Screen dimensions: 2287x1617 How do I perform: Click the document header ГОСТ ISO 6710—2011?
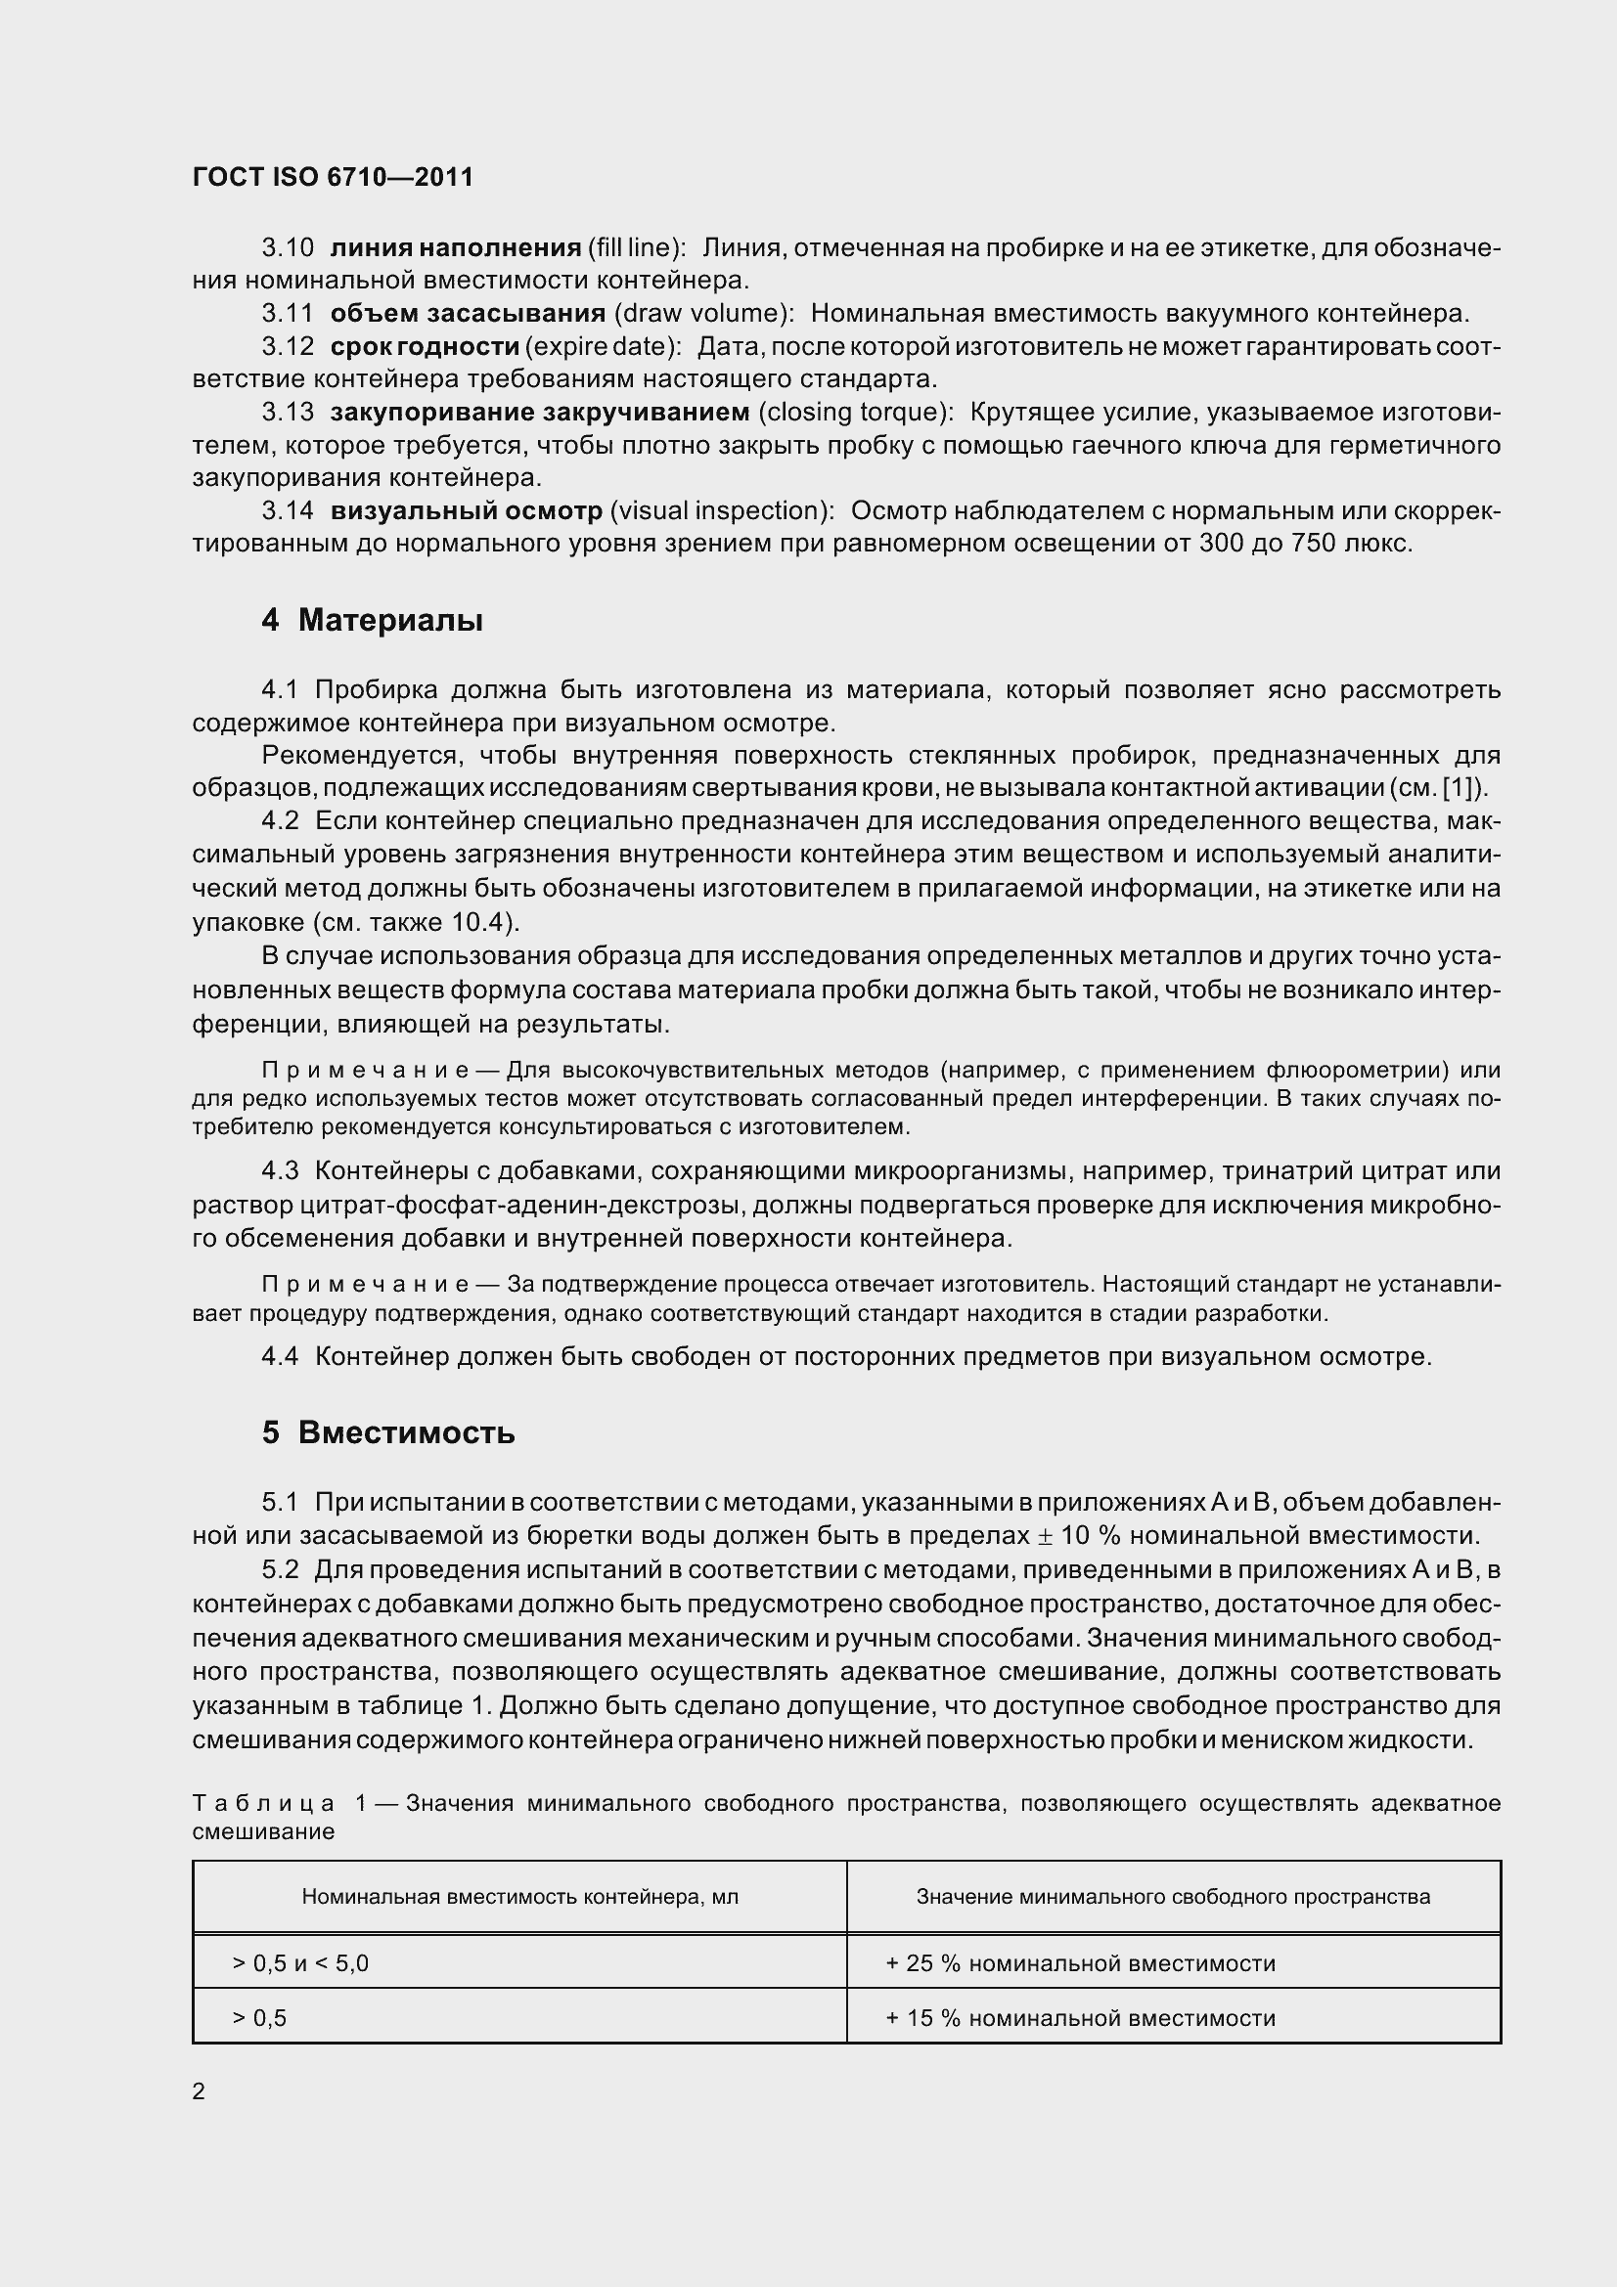[x=333, y=177]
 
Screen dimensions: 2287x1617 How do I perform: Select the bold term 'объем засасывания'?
[x=468, y=314]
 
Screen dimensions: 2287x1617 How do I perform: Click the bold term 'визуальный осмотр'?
[x=467, y=511]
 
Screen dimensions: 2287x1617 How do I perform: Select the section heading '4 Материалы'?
[x=373, y=621]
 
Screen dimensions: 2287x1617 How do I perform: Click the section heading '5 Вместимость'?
[x=388, y=1433]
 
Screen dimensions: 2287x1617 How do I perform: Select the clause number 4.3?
[x=280, y=1171]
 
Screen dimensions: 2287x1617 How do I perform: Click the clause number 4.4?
[x=280, y=1357]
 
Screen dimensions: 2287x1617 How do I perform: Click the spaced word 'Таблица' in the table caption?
[x=263, y=1803]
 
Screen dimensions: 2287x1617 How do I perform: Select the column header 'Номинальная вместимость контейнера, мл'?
[x=520, y=1897]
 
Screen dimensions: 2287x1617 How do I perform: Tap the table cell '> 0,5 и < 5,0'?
[x=300, y=1963]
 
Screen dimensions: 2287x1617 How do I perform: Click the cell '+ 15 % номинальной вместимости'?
[x=1080, y=2018]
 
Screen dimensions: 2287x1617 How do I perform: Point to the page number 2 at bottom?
[x=199, y=2091]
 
